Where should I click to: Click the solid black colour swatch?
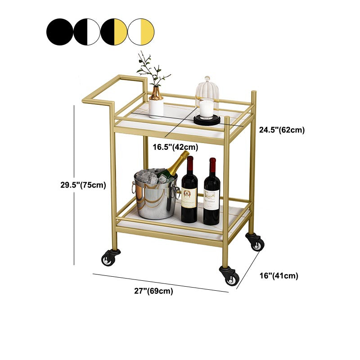pyautogui.click(x=60, y=32)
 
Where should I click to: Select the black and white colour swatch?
pyautogui.click(x=87, y=32)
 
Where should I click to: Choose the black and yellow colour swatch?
pyautogui.click(x=114, y=32)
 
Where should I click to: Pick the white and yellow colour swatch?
pyautogui.click(x=141, y=32)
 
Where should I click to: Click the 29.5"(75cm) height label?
pyautogui.click(x=83, y=185)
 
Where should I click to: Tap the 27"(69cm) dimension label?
pyautogui.click(x=153, y=291)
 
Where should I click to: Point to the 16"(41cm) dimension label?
pyautogui.click(x=279, y=275)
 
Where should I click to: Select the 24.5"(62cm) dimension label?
pyautogui.click(x=282, y=130)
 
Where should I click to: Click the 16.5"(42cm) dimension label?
pyautogui.click(x=175, y=147)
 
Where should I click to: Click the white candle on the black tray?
pyautogui.click(x=207, y=109)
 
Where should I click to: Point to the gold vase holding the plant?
pyautogui.click(x=156, y=94)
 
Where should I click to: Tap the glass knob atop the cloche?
pyautogui.click(x=207, y=79)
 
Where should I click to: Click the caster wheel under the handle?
pyautogui.click(x=109, y=258)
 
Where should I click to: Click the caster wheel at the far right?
pyautogui.click(x=255, y=243)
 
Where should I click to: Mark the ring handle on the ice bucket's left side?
pyautogui.click(x=134, y=187)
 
